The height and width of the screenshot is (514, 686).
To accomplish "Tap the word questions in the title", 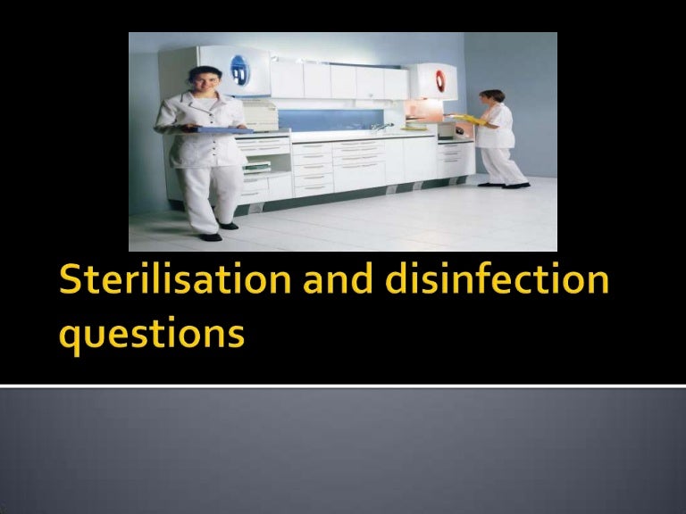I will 151,335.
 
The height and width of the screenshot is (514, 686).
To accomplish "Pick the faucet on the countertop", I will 379,128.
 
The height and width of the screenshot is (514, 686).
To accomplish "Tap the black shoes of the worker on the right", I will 504,185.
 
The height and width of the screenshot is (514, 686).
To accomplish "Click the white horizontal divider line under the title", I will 343,385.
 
